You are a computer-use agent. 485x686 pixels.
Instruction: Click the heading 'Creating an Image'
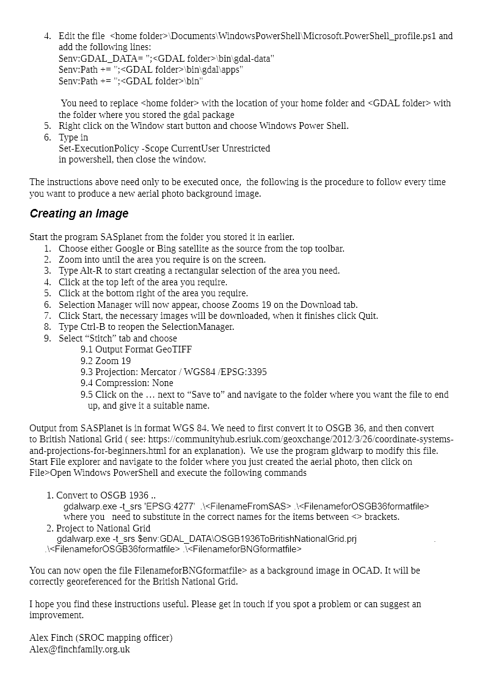click(79, 214)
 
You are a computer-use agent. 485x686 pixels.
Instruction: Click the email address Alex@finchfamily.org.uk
click(79, 649)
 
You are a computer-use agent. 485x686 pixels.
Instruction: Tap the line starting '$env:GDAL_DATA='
click(166, 59)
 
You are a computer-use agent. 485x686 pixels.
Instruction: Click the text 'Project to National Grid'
click(103, 528)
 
